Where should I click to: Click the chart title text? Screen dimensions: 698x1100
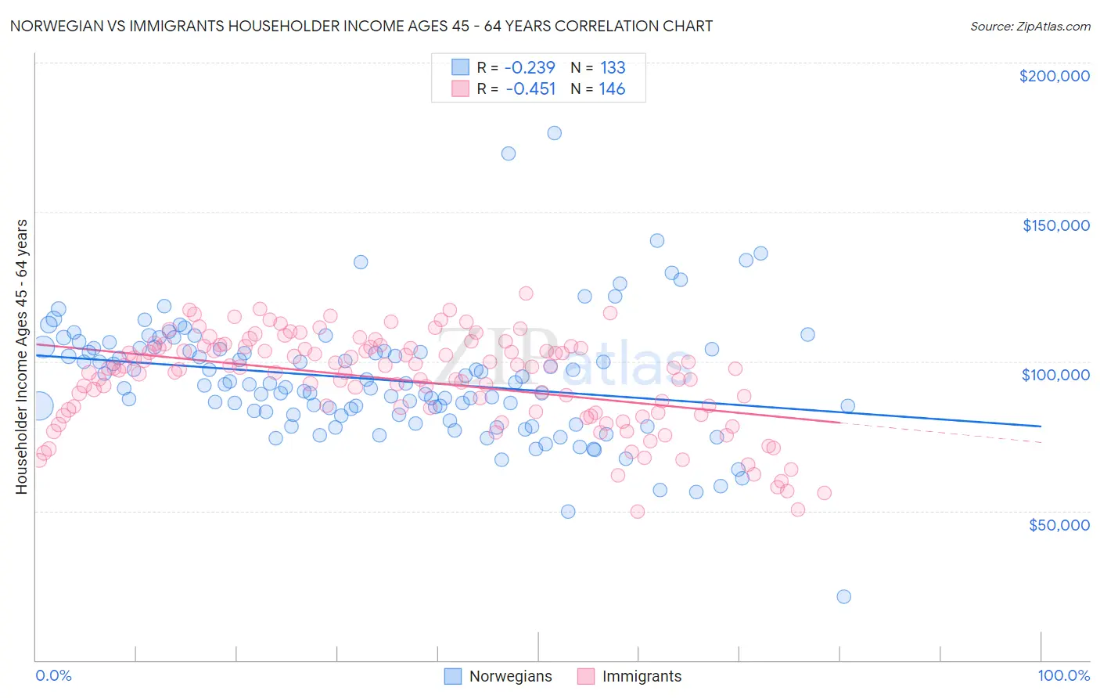point(361,26)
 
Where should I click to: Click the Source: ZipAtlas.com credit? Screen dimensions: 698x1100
point(1030,26)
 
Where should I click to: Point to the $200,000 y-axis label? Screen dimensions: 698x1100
point(1054,76)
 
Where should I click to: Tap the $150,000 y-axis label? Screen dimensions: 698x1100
point(1055,225)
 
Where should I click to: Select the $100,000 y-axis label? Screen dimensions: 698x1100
point(1055,375)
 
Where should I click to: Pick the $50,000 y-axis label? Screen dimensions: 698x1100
point(1059,524)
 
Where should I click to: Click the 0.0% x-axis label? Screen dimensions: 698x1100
point(53,675)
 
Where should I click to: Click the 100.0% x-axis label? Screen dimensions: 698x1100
point(1063,675)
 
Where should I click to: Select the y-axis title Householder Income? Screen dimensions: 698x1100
point(21,356)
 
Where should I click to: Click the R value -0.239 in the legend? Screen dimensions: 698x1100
point(530,68)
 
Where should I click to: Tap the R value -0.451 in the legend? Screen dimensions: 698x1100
point(530,89)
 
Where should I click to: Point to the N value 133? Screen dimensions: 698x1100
point(613,68)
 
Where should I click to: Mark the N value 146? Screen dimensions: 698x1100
point(612,89)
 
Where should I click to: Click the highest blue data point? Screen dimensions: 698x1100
point(554,133)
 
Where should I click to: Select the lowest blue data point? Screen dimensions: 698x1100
point(843,596)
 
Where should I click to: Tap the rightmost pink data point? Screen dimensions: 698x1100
point(824,493)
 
